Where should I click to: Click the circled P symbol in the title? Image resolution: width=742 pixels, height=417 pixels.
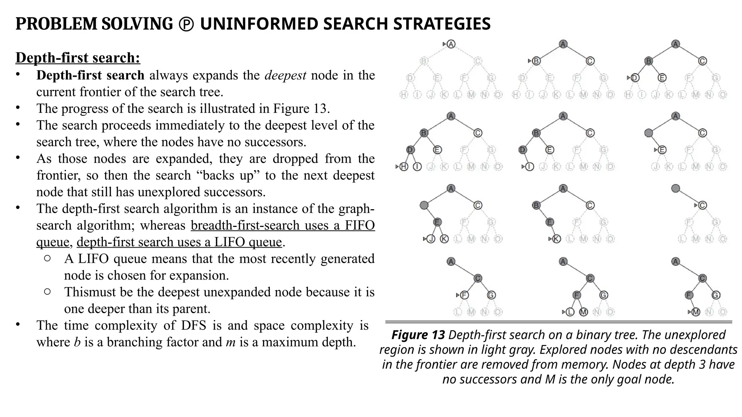pyautogui.click(x=186, y=24)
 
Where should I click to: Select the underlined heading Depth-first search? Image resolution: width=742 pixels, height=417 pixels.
pyautogui.click(x=78, y=58)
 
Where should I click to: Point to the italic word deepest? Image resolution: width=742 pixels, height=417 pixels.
pyautogui.click(x=285, y=75)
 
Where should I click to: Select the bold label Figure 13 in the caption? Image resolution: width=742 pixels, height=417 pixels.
pyautogui.click(x=418, y=335)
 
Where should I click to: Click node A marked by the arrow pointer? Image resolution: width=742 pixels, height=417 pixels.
pyautogui.click(x=451, y=44)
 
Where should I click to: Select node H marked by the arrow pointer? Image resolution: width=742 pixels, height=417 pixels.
pyautogui.click(x=404, y=167)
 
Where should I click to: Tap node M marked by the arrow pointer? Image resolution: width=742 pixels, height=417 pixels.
pyautogui.click(x=696, y=312)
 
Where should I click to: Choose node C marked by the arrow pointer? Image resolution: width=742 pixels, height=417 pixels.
pyautogui.click(x=703, y=206)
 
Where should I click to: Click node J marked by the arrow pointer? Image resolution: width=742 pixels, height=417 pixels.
pyautogui.click(x=431, y=239)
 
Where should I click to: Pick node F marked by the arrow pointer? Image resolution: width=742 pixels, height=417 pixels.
pyautogui.click(x=464, y=295)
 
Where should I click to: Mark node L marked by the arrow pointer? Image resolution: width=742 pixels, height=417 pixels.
pyautogui.click(x=570, y=312)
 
